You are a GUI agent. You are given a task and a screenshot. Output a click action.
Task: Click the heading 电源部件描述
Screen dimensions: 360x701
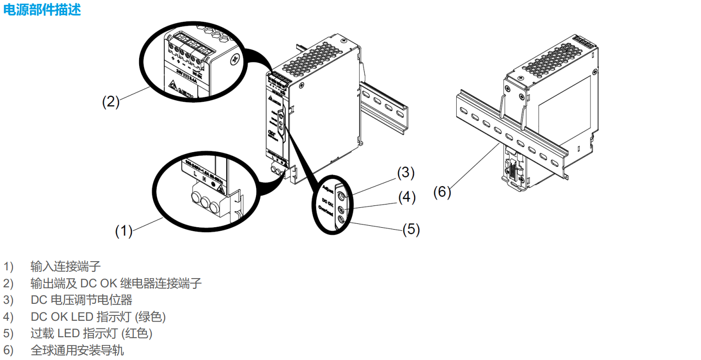click(42, 10)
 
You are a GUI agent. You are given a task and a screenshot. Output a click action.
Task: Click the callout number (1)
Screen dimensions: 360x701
click(124, 231)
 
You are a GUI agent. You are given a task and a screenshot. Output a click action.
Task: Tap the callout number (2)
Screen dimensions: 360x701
click(111, 102)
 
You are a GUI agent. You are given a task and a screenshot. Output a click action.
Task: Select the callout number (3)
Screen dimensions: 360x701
click(406, 172)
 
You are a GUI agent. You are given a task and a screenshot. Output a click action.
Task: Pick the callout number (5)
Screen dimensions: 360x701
click(411, 229)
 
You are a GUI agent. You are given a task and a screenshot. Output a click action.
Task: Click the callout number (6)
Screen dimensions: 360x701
click(442, 192)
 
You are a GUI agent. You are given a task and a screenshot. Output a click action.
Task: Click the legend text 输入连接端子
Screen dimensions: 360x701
click(65, 266)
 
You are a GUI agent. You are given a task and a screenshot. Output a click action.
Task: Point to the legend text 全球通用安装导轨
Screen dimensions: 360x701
click(77, 350)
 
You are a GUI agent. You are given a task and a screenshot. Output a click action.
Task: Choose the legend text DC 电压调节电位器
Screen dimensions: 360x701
click(81, 300)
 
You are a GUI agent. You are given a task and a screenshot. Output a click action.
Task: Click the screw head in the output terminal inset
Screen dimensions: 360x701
click(236, 60)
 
